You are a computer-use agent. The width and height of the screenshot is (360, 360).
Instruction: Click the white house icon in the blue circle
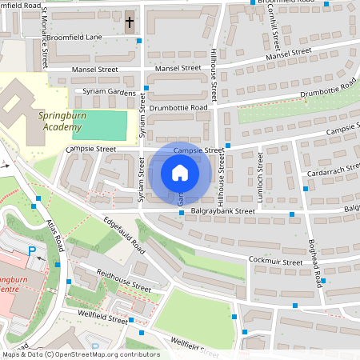click(180, 173)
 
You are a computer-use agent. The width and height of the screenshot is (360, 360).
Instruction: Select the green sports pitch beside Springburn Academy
click(99, 125)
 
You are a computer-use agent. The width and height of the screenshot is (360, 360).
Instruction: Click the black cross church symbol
click(130, 21)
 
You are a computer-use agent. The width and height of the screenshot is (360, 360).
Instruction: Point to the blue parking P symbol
click(33, 251)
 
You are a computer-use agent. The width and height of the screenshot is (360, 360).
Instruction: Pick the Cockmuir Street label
click(278, 260)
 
